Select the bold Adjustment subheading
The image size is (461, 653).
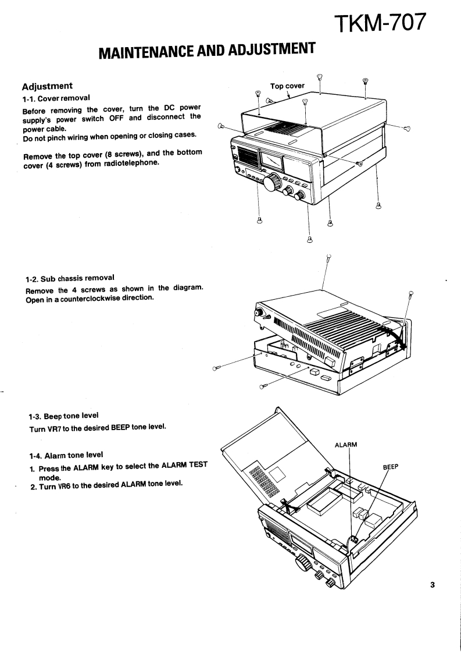pyautogui.click(x=47, y=86)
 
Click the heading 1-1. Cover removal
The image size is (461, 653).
pyautogui.click(x=56, y=98)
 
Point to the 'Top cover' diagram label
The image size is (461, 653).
pyautogui.click(x=287, y=86)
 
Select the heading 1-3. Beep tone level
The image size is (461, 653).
pyautogui.click(x=63, y=416)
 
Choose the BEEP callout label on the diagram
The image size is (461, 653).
pyautogui.click(x=391, y=467)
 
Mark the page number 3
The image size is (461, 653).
pyautogui.click(x=432, y=585)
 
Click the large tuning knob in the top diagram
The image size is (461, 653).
pyautogui.click(x=271, y=186)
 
